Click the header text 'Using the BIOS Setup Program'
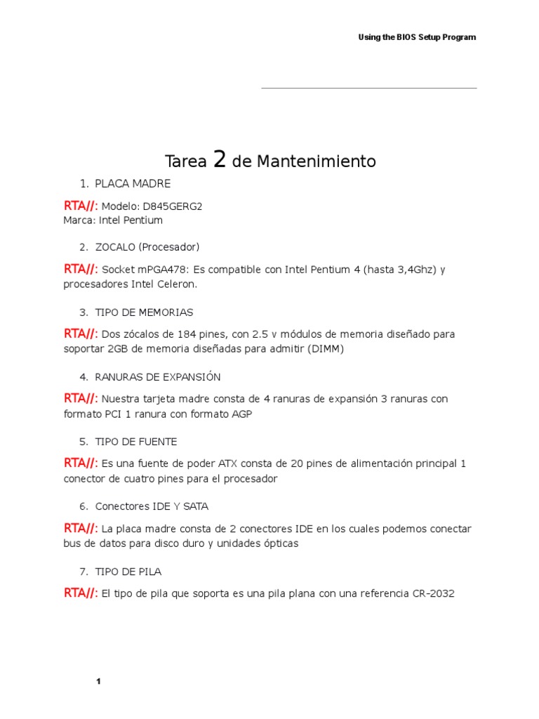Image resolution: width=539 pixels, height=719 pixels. pos(417,37)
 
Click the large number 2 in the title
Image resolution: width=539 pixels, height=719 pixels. pos(220,160)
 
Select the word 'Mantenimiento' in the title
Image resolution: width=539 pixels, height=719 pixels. pos(316,161)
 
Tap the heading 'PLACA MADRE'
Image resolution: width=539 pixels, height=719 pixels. pos(133,184)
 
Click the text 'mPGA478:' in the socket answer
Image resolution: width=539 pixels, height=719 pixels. pos(157,270)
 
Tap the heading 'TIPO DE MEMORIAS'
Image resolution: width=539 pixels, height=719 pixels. pos(144,312)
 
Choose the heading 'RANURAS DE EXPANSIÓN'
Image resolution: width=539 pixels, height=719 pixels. pos(158,377)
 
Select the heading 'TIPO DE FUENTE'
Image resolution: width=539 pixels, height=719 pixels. pos(136,442)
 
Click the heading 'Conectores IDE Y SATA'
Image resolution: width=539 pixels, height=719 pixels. pos(152,506)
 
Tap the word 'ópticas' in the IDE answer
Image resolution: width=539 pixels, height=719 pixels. pos(281,544)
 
